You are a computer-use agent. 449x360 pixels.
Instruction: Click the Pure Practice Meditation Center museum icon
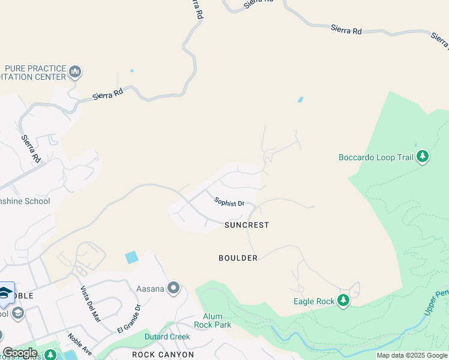coord(75,73)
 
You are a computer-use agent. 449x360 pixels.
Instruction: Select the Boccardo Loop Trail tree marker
coord(423,157)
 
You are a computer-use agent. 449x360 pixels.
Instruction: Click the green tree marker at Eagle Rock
coord(343,301)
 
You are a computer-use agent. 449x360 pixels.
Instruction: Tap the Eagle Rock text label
coord(313,301)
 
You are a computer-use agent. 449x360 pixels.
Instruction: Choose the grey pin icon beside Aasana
coord(174,289)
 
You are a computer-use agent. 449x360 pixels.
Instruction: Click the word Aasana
coord(150,289)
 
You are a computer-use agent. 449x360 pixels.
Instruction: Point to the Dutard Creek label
coord(167,337)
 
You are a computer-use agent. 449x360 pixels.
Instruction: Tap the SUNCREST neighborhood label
coord(247,225)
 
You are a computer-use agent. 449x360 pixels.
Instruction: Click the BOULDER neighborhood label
coord(238,258)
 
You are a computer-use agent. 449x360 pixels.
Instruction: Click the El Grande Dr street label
coord(128,319)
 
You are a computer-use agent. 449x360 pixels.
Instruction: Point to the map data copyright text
coord(412,355)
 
